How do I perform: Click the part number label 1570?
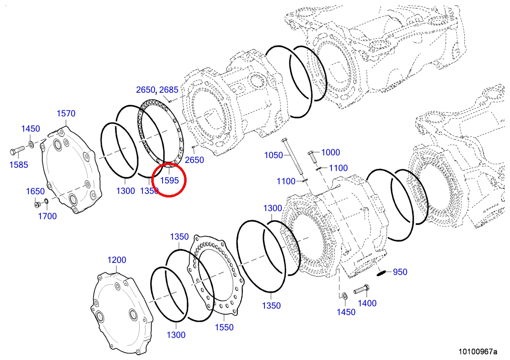66,114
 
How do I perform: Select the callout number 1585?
19,165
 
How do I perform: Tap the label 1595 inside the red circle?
169,180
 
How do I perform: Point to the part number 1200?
117,260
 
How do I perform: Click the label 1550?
224,327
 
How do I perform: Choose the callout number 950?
400,272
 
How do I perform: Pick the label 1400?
367,303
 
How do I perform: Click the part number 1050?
273,155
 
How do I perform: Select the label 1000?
331,153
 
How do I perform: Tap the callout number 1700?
47,216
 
